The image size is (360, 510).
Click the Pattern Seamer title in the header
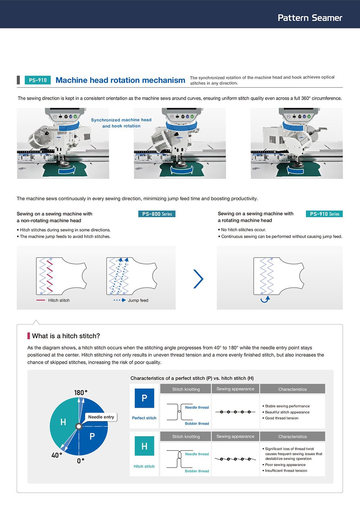310,18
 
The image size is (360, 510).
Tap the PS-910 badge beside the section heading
38,80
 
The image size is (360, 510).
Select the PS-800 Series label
157,214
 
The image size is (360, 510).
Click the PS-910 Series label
324,214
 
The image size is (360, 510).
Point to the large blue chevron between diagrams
198,279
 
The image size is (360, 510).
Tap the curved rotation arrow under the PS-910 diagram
265,299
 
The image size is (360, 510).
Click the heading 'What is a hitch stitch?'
66,336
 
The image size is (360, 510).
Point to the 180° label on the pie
81,393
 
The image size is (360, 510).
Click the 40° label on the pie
57,455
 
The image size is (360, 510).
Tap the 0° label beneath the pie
81,461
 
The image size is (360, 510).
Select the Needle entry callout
101,417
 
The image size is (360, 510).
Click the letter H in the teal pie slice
63,422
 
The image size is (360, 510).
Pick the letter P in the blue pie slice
92,437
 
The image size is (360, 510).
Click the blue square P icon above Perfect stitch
144,398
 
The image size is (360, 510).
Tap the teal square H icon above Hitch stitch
144,446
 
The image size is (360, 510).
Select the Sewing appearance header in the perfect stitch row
235,389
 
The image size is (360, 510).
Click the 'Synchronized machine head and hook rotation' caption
121,123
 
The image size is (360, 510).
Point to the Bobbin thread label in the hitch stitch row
197,471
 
